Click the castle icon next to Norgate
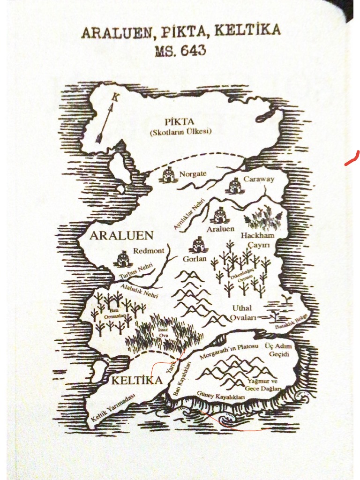pos(168,175)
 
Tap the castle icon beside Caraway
pos(234,187)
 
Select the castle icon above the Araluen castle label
pos(219,216)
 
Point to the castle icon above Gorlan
pos(199,244)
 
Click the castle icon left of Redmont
pos(123,258)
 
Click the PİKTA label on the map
pos(180,122)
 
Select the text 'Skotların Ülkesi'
pos(180,132)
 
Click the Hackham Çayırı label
pos(257,240)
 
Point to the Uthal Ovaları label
pos(242,313)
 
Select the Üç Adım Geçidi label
pos(278,350)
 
